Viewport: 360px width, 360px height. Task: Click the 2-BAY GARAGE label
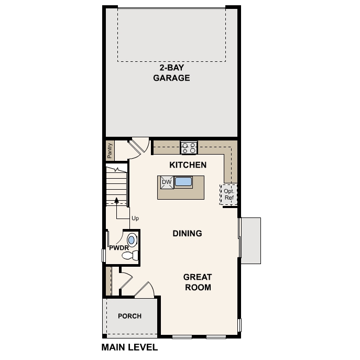(x=171, y=73)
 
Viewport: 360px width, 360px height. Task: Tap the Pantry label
(x=110, y=150)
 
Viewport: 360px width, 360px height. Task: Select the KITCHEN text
(x=188, y=165)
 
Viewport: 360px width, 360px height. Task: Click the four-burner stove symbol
(x=189, y=148)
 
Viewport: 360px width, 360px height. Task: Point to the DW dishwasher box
(x=167, y=182)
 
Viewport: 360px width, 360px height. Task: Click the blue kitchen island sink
(x=184, y=182)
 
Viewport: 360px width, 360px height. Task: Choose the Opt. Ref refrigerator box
(x=229, y=194)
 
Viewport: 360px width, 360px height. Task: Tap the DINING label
(x=187, y=233)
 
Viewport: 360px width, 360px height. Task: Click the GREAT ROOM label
(x=197, y=282)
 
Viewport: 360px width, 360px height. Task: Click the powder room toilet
(x=130, y=256)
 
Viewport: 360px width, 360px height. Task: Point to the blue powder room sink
(x=132, y=241)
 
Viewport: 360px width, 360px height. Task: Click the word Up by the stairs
(x=135, y=218)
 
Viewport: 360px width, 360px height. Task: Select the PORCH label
(x=129, y=316)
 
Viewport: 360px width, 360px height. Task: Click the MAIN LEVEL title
(x=129, y=347)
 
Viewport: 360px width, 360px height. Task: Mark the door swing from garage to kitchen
(x=139, y=146)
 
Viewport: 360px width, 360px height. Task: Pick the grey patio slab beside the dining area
(x=250, y=240)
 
